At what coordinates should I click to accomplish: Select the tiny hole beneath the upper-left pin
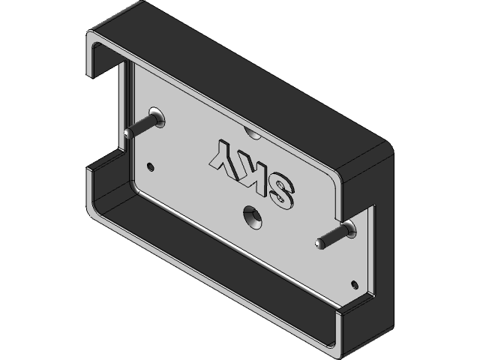tap(152, 165)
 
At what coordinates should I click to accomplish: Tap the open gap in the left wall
tap(105, 112)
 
